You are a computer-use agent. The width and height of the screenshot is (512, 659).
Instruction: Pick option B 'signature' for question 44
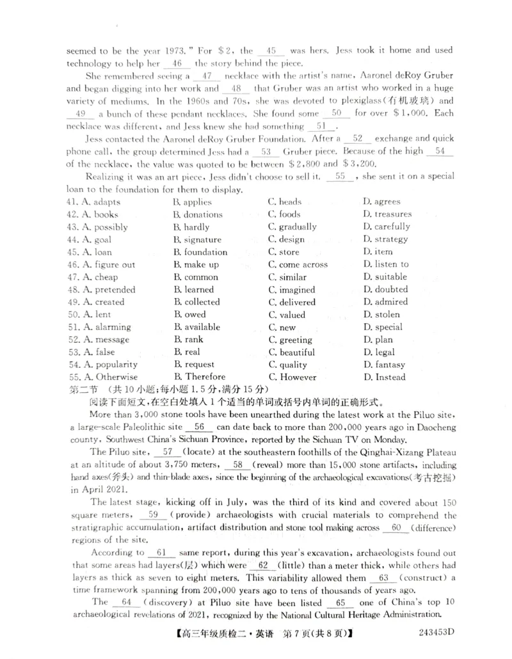click(198, 239)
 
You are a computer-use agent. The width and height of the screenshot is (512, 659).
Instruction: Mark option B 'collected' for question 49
click(198, 302)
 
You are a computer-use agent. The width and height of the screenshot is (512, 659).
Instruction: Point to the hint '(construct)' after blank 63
click(422, 577)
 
